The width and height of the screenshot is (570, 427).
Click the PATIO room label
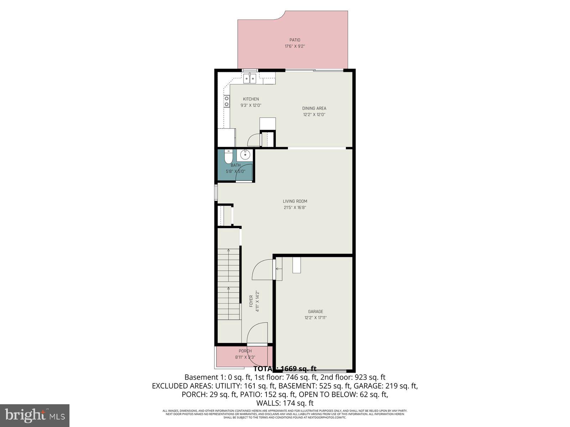point(295,40)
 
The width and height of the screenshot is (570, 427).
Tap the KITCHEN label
point(251,99)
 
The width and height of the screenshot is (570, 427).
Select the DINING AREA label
point(314,109)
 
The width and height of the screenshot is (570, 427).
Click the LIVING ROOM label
point(295,201)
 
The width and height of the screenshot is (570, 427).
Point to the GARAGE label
point(316,312)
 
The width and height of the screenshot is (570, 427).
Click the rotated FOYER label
point(251,301)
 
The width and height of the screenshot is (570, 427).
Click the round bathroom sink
point(245,155)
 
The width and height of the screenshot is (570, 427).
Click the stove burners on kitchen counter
point(226,101)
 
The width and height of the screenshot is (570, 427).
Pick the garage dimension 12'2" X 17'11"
point(316,318)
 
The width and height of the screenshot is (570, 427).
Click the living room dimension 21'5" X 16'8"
point(295,207)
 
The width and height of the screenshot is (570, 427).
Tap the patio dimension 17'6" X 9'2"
point(295,46)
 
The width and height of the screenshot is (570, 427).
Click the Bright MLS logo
point(35,415)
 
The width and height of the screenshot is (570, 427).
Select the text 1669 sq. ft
point(299,369)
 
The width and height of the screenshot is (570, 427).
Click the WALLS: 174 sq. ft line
point(285,403)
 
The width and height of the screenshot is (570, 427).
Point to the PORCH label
point(245,351)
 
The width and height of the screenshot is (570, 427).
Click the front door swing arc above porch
point(256,333)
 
